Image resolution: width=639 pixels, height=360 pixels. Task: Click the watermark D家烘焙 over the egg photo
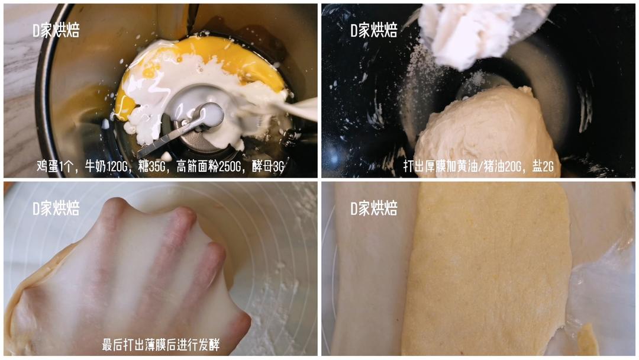(x=56, y=30)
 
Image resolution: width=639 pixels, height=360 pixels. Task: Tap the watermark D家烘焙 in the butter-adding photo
(x=374, y=30)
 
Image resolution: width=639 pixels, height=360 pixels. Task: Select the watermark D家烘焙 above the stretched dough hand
(x=56, y=208)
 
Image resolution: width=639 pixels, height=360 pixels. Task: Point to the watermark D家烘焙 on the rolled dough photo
(x=374, y=208)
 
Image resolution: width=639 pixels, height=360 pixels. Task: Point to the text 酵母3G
(x=268, y=166)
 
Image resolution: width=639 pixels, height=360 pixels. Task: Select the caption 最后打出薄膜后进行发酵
(x=160, y=345)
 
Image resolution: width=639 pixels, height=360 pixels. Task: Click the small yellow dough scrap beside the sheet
(x=588, y=339)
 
